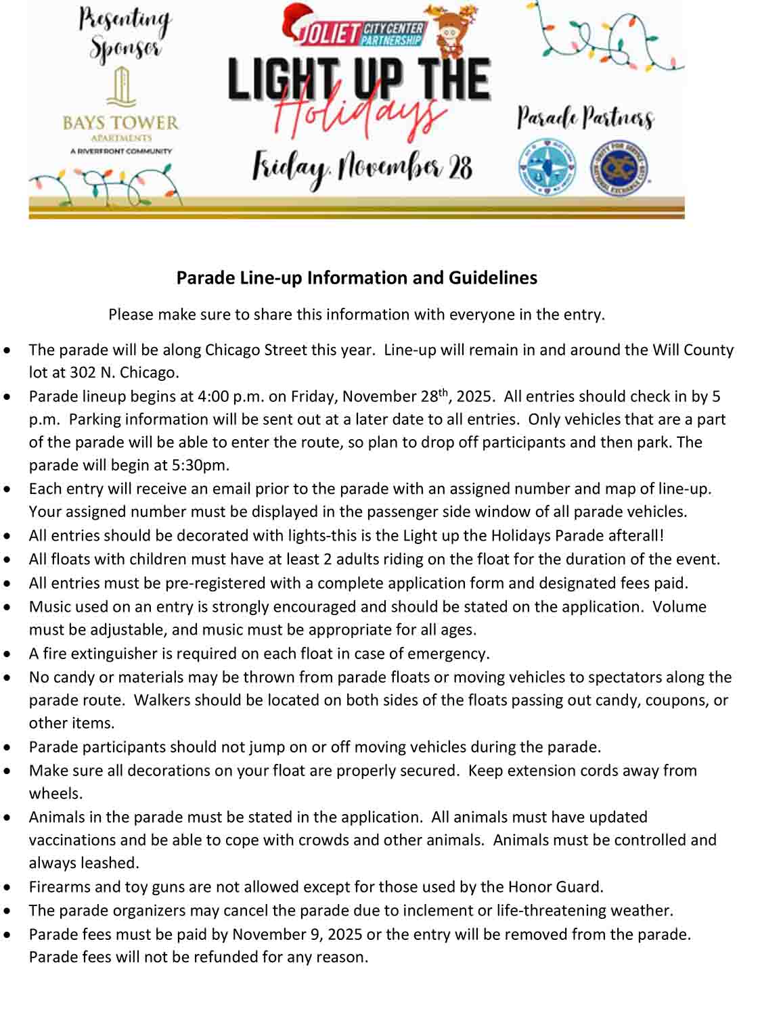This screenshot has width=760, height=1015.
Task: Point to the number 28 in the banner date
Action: [460, 166]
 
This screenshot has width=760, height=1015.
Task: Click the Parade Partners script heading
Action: [585, 118]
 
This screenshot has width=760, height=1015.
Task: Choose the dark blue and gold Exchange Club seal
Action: [619, 167]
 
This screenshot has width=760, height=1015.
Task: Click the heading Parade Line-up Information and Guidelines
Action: [357, 278]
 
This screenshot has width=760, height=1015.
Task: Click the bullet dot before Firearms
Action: [7, 887]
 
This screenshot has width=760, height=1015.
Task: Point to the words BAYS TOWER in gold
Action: [120, 123]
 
